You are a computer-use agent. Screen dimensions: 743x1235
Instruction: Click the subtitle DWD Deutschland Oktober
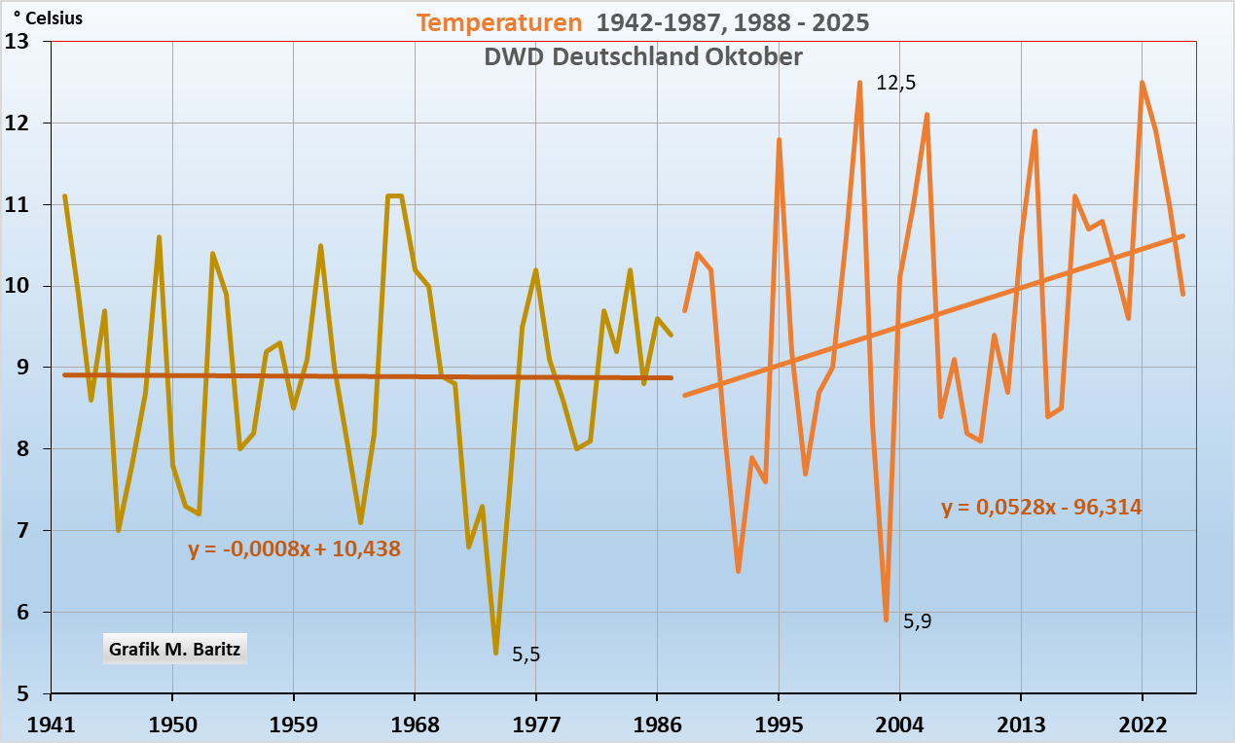click(643, 56)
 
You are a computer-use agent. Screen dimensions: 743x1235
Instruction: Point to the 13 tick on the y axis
click(17, 42)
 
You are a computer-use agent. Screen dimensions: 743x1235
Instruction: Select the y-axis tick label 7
click(22, 531)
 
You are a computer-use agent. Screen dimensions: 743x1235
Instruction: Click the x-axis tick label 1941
click(51, 724)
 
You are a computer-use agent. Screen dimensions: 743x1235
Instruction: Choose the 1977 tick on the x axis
click(536, 724)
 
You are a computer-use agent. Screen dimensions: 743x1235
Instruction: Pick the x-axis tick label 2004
click(899, 724)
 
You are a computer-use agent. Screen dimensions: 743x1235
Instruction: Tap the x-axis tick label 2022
click(1142, 724)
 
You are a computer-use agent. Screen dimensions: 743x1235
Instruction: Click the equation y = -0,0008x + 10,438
click(294, 548)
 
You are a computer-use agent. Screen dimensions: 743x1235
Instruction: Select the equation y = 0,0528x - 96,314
click(1041, 507)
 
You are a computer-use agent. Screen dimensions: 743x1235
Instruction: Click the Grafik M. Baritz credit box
click(174, 648)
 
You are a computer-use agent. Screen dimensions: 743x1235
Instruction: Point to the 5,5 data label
click(526, 655)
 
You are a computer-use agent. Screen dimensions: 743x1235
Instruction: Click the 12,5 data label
click(896, 83)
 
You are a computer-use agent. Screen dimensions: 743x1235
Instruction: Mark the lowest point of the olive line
click(496, 653)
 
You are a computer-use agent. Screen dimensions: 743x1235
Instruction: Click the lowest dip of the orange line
click(886, 619)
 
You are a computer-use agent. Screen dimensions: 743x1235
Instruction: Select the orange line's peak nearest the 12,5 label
click(859, 83)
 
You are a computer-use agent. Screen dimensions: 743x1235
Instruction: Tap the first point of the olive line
click(64, 196)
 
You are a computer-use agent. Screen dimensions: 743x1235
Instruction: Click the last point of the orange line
click(1182, 294)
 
